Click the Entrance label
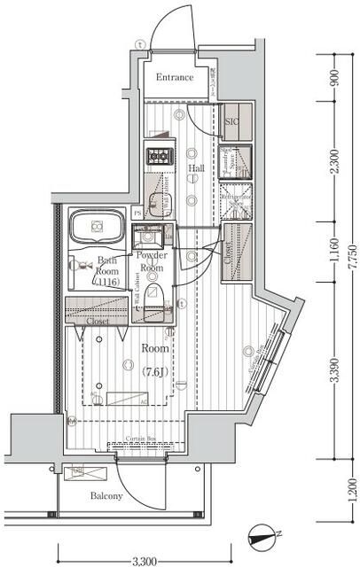tap(175, 78)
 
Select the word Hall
tap(196, 167)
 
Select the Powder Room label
tap(150, 261)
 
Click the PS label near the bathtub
tap(137, 214)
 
